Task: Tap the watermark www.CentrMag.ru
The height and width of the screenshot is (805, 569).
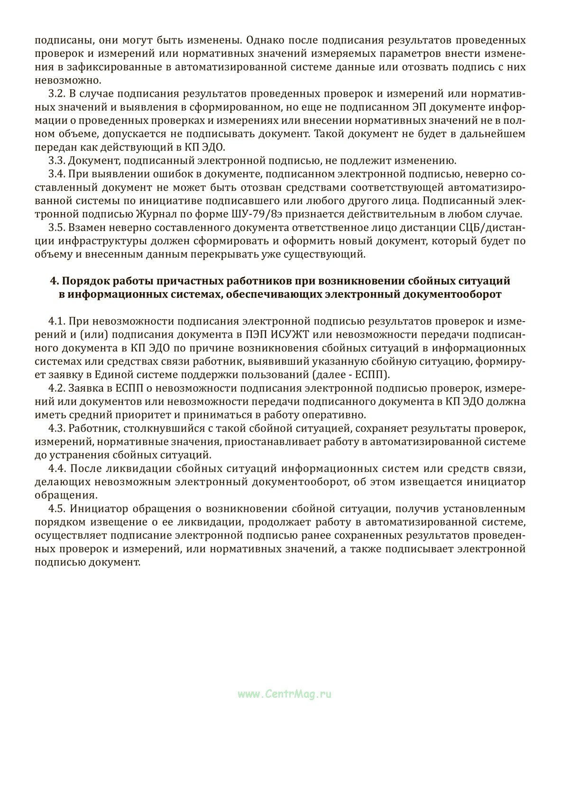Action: point(284,694)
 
